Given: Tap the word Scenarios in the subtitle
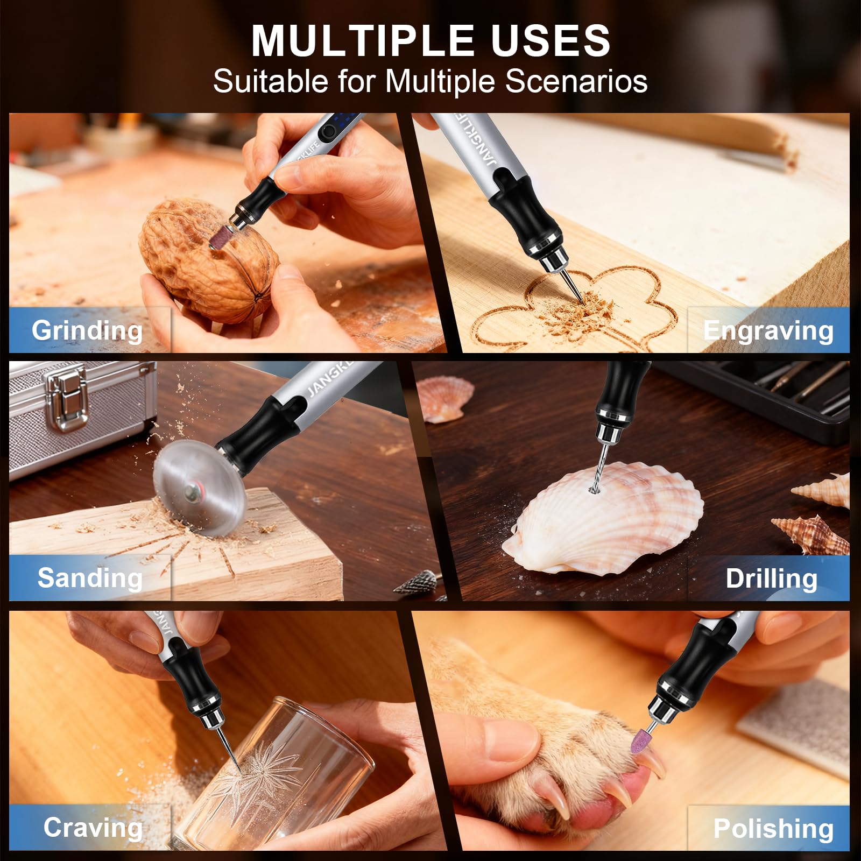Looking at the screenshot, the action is (576, 81).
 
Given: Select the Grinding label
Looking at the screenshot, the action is (87, 330).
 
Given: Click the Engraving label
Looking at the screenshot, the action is (768, 330).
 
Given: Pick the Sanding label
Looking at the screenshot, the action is (90, 578).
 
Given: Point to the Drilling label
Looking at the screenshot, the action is (771, 579).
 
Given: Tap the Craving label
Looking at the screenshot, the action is (93, 828).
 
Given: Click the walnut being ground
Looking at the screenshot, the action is (210, 261).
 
